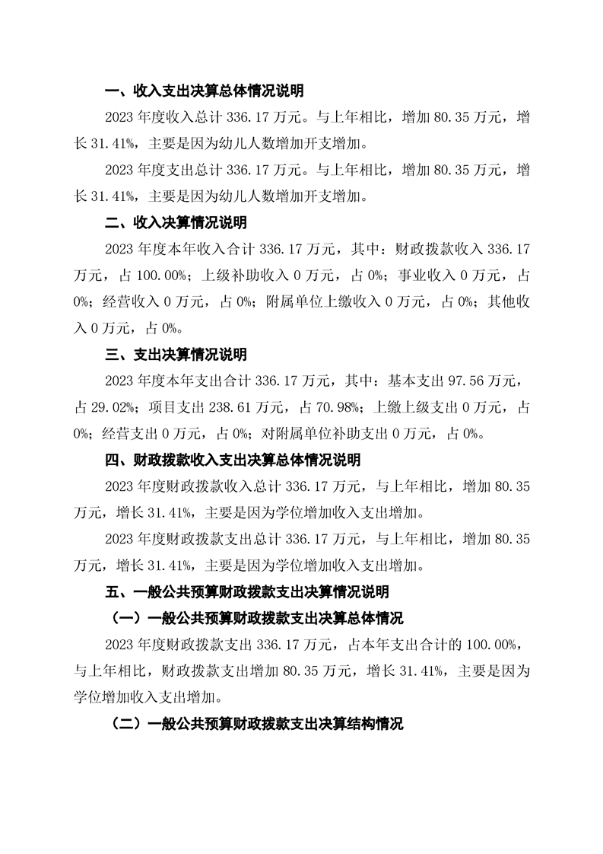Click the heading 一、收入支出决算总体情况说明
(x=204, y=91)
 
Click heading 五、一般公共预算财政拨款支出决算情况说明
(x=246, y=591)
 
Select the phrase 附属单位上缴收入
(x=322, y=302)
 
